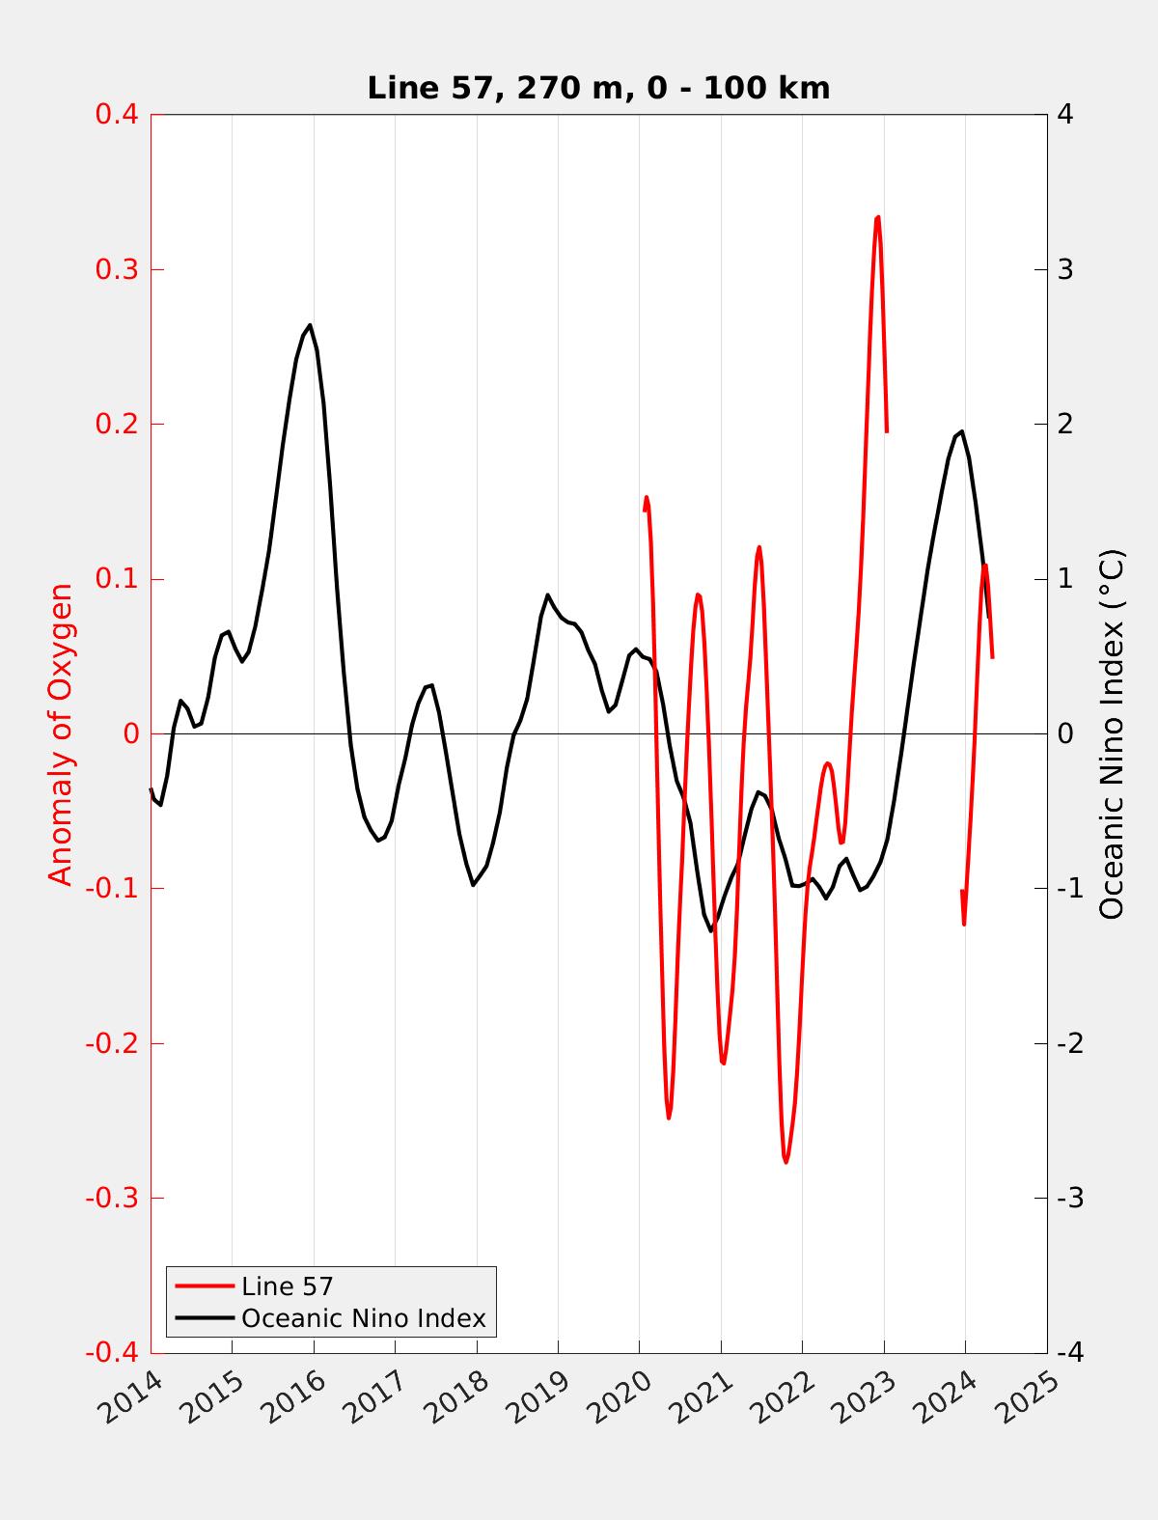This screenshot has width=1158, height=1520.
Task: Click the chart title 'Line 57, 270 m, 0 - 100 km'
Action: pos(598,88)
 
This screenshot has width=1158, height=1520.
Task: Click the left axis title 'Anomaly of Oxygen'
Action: pos(61,733)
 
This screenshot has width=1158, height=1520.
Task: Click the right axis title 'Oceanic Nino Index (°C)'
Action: pos(1112,733)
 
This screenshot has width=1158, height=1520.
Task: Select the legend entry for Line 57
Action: pos(287,1285)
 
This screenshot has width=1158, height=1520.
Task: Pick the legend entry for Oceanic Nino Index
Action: pos(363,1317)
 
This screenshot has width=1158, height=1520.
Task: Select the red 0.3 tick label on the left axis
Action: pos(116,269)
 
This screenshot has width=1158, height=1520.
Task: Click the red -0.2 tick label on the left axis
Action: pos(112,1043)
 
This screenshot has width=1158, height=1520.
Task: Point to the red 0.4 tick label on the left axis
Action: pos(116,114)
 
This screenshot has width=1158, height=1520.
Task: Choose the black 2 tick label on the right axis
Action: pos(1065,424)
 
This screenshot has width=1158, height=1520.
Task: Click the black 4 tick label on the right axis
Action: pos(1065,114)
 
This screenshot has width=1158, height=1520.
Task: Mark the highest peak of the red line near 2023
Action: pos(877,217)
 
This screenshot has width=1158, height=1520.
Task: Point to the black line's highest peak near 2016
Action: pos(310,324)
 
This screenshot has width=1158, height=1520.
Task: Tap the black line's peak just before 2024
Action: pos(961,431)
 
